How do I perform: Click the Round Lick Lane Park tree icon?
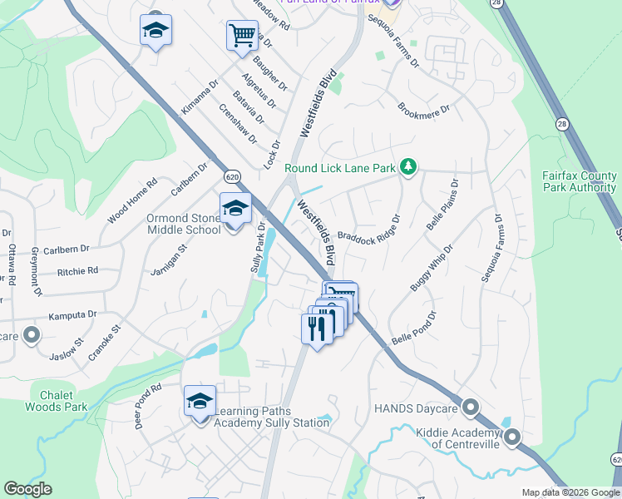(407, 168)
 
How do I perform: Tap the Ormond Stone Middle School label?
(184, 225)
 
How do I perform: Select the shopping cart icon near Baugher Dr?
(242, 36)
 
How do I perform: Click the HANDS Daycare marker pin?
(471, 408)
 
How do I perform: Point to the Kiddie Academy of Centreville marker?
(511, 436)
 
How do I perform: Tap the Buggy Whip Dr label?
(432, 268)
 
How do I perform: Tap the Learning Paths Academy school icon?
(200, 401)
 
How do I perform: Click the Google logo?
(27, 489)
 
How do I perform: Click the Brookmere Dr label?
(423, 109)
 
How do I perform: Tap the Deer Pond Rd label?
(149, 405)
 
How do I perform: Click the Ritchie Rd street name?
(77, 271)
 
